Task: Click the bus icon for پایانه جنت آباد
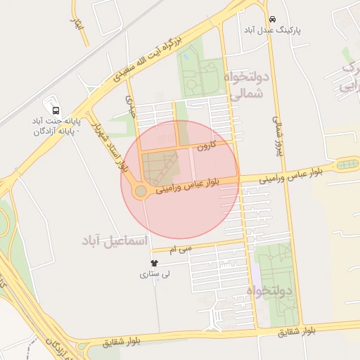point(56,111)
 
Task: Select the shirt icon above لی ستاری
point(155,262)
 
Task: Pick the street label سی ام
point(180,249)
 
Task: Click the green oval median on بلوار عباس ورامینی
point(347,165)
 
